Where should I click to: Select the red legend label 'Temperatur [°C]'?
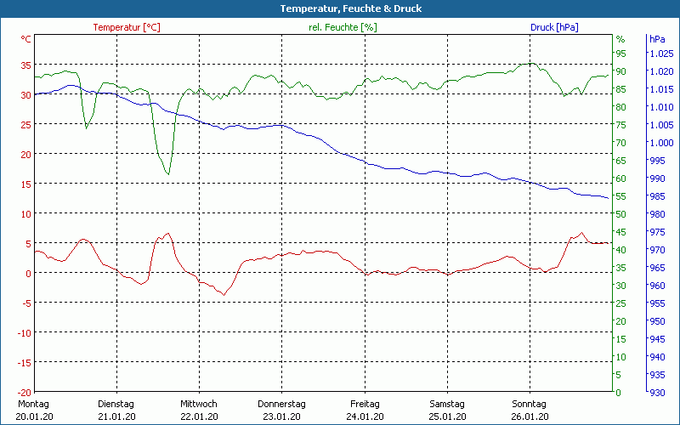(x=127, y=27)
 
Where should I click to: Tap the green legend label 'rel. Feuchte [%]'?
(x=343, y=27)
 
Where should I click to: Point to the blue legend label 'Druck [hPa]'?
(x=554, y=27)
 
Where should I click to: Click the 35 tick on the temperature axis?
(x=25, y=65)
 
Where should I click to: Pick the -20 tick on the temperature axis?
(x=25, y=392)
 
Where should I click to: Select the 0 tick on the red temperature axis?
(x=29, y=273)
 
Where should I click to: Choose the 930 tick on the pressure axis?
(x=658, y=392)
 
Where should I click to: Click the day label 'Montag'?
(x=33, y=404)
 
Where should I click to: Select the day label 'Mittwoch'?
(x=198, y=404)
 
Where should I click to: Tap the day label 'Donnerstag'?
(x=281, y=404)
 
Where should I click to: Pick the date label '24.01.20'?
(x=364, y=416)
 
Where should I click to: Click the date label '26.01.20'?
(x=529, y=416)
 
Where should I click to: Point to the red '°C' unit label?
(x=26, y=39)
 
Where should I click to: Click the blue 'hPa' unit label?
(x=657, y=39)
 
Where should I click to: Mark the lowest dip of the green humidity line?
(x=168, y=174)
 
